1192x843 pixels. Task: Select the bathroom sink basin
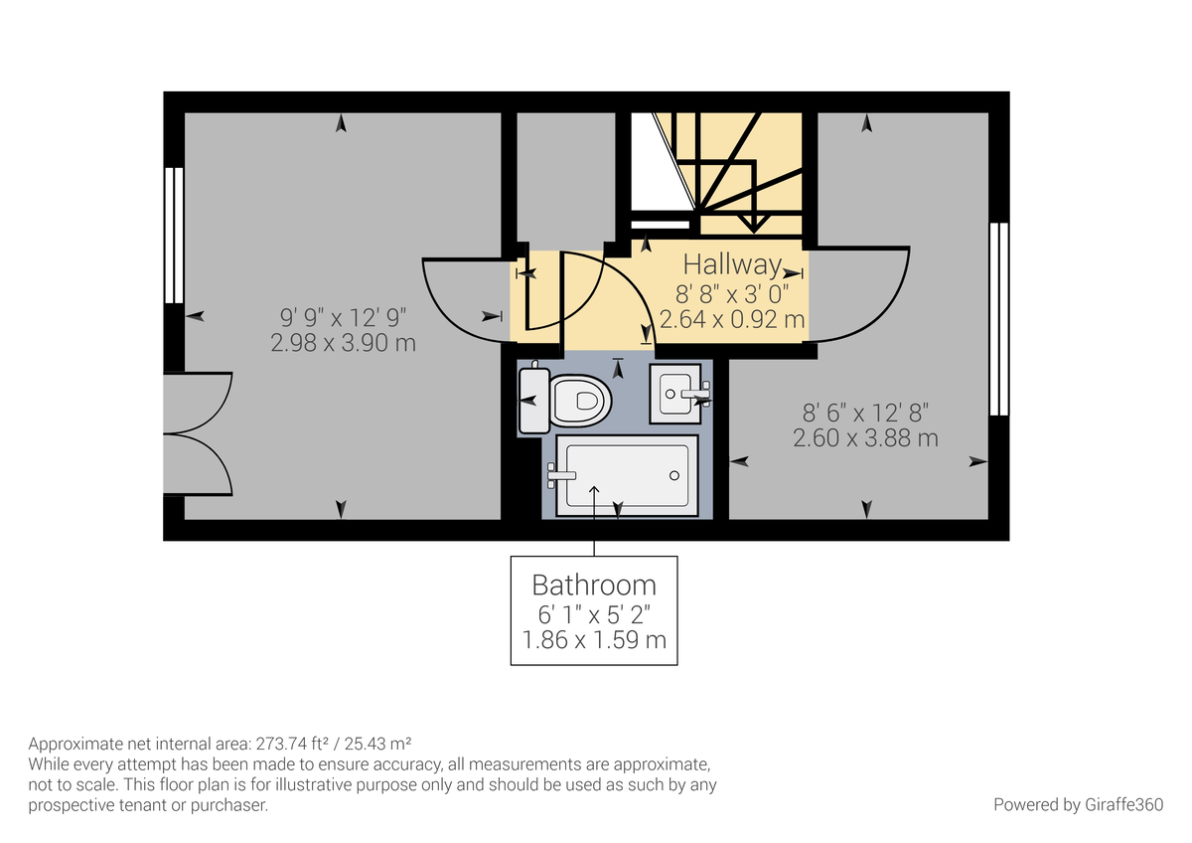(675, 395)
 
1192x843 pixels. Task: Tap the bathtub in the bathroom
(626, 478)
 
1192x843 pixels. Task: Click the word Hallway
(732, 264)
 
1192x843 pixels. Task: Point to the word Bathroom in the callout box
(594, 584)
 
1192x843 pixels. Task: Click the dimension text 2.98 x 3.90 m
(343, 343)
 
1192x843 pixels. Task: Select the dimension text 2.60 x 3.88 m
(865, 437)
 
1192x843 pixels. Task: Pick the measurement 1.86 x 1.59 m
(594, 639)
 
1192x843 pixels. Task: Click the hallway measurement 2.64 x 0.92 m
(732, 319)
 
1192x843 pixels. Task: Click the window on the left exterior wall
(174, 235)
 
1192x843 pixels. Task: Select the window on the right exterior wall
(999, 318)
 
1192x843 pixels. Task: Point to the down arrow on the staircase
(754, 221)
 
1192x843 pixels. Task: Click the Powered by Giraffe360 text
(1078, 804)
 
